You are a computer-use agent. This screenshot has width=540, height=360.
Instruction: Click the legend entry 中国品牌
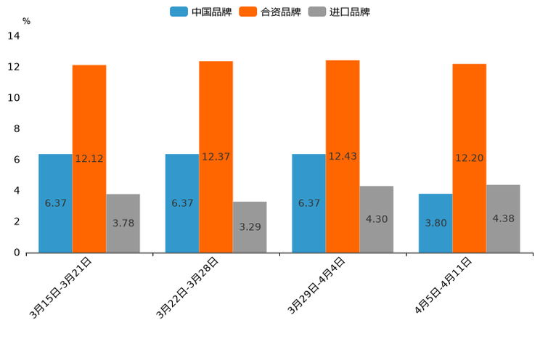tap(200, 12)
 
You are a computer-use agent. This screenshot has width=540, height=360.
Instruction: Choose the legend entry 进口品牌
tap(340, 12)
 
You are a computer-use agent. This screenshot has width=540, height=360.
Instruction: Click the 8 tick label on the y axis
tap(16, 129)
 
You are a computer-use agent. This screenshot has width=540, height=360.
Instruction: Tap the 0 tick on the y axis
tap(16, 253)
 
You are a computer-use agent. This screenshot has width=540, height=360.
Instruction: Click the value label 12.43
tap(343, 157)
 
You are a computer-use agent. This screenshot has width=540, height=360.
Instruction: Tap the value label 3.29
tap(250, 227)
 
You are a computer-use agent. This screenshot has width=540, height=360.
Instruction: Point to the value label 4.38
tap(503, 218)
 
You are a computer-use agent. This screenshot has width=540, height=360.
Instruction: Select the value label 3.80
tap(435, 223)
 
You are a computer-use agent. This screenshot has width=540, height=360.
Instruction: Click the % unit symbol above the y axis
tap(26, 22)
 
